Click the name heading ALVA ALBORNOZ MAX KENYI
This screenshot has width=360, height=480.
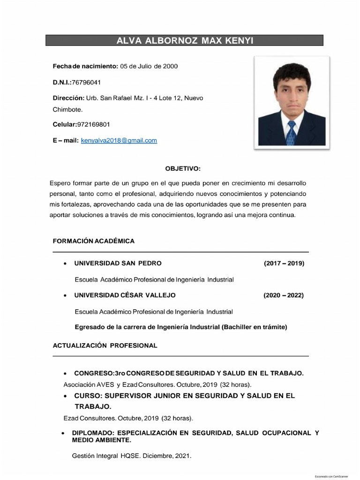click(x=184, y=40)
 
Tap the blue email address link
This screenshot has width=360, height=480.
click(x=119, y=140)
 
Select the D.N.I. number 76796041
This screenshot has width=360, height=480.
click(x=86, y=82)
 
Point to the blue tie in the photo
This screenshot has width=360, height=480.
click(x=292, y=132)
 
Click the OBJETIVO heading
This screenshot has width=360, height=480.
click(x=183, y=168)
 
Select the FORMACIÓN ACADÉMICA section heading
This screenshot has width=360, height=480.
click(x=93, y=241)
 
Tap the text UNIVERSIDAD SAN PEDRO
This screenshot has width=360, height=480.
click(x=118, y=263)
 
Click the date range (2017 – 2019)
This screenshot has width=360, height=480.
click(x=284, y=263)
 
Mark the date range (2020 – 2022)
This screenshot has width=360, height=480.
click(x=284, y=295)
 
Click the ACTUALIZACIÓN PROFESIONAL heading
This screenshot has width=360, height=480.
click(x=105, y=345)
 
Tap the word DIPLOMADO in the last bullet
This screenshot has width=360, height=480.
click(x=92, y=433)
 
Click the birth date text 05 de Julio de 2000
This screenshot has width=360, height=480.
click(x=149, y=66)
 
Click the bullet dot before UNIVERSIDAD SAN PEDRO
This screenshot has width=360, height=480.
click(x=64, y=263)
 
